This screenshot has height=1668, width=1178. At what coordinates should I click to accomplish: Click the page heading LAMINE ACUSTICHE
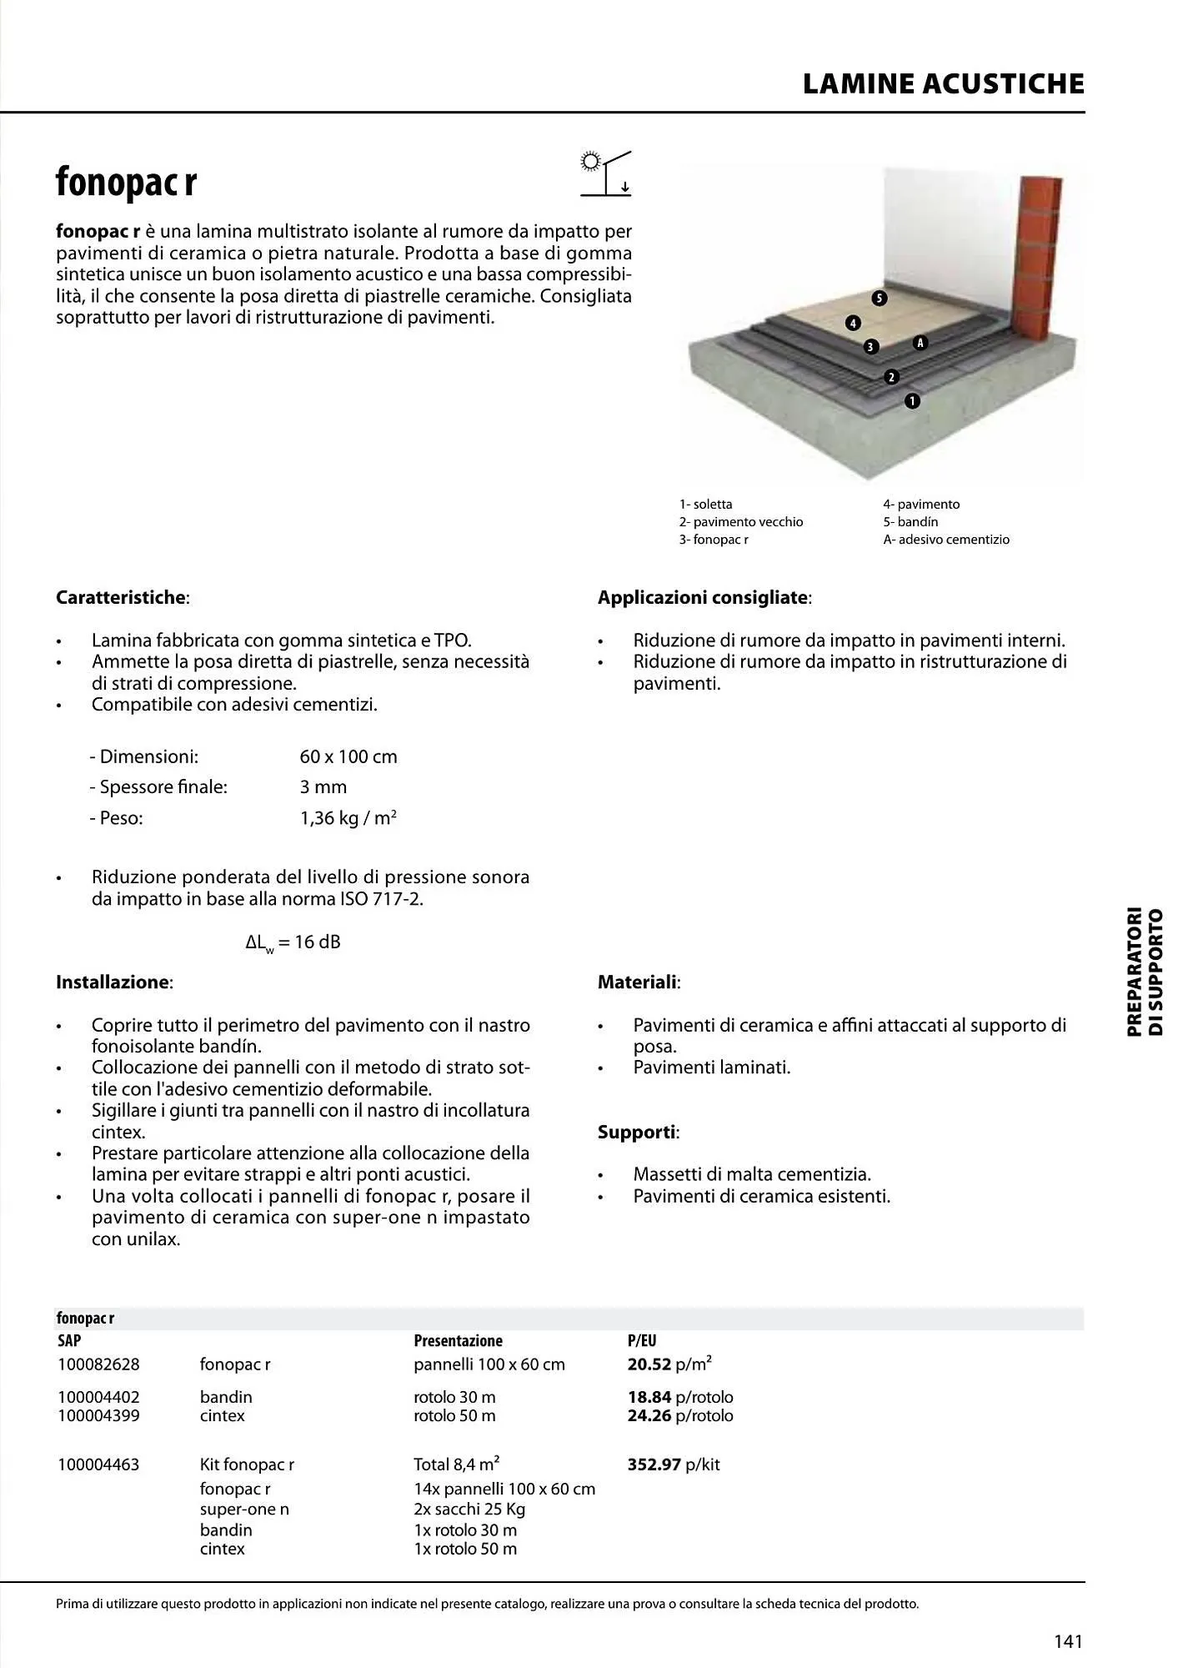coord(943,84)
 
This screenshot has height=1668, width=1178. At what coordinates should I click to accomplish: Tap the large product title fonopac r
coord(126,182)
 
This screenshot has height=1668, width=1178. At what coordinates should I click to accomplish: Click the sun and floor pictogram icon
coord(606,173)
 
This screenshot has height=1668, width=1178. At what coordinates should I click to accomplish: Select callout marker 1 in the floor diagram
coord(912,401)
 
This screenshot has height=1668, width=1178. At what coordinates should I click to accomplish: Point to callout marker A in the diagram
coord(920,343)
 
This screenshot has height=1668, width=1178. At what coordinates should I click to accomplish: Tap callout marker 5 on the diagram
coord(879,299)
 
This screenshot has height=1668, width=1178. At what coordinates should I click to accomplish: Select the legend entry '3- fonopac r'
coord(714,540)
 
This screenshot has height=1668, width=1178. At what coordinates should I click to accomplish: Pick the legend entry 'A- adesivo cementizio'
coord(946,540)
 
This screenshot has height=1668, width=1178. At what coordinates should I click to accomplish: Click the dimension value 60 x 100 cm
coord(348,757)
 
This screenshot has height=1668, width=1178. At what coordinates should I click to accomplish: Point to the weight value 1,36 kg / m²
coord(348,818)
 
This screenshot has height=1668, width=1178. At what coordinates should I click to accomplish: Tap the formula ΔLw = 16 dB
coord(293,942)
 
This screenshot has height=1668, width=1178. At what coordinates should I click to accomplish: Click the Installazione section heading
coord(113,982)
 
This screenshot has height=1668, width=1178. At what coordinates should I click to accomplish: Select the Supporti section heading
coord(638,1133)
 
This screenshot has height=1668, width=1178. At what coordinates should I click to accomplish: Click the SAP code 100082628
coord(98,1365)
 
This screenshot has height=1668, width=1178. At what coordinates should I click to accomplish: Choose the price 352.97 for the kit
coord(654,1465)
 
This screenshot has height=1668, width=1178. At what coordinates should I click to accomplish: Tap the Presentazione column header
coord(458,1341)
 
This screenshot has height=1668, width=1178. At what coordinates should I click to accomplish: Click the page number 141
coord(1068,1641)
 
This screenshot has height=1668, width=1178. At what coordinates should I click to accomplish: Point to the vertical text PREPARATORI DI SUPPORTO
coord(1145,972)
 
